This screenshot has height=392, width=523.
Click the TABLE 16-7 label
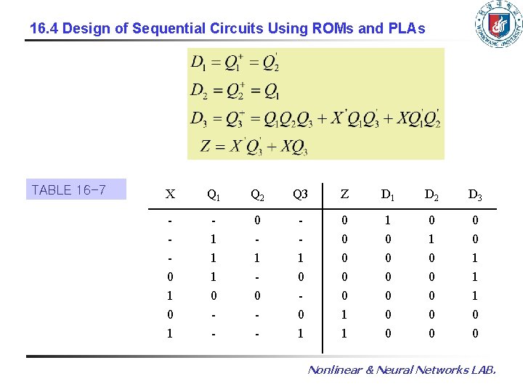coord(69,190)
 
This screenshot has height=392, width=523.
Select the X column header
coord(170,194)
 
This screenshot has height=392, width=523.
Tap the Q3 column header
coord(300,194)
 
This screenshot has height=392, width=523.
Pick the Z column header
coord(344,194)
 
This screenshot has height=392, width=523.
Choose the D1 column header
coord(388,194)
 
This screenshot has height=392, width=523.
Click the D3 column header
coord(475,194)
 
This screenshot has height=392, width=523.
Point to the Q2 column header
coord(257,194)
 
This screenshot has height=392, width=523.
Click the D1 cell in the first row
coord(388,220)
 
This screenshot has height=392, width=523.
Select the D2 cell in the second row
coord(431,239)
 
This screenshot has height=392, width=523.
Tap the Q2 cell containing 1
coord(257,258)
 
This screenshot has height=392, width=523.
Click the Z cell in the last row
coord(344,333)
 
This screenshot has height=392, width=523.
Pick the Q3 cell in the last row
coord(300,333)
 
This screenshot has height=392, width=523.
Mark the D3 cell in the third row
coord(475,258)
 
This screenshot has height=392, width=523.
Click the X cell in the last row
coord(170,333)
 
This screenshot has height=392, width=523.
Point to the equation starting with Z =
coord(254,146)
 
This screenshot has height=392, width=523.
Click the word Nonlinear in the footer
coord(338,370)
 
